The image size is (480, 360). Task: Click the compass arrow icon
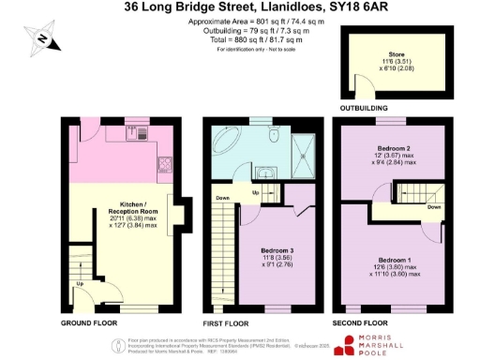[x=44, y=38]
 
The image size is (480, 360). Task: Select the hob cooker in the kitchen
[x=166, y=168]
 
